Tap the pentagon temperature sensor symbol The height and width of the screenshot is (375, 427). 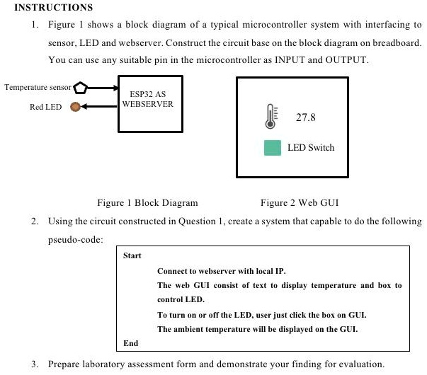point(81,88)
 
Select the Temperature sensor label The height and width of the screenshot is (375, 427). point(38,88)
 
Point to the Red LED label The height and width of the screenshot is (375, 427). point(45,107)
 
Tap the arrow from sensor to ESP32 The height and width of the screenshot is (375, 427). point(103,88)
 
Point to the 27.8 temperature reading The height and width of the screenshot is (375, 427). point(306,117)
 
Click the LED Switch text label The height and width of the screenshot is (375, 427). point(311,148)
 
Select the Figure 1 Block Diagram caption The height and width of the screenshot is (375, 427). point(147,203)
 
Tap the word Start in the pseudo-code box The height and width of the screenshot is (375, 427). point(132,255)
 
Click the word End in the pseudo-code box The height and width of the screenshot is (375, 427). point(130,342)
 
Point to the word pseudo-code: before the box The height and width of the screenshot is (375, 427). point(76,239)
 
